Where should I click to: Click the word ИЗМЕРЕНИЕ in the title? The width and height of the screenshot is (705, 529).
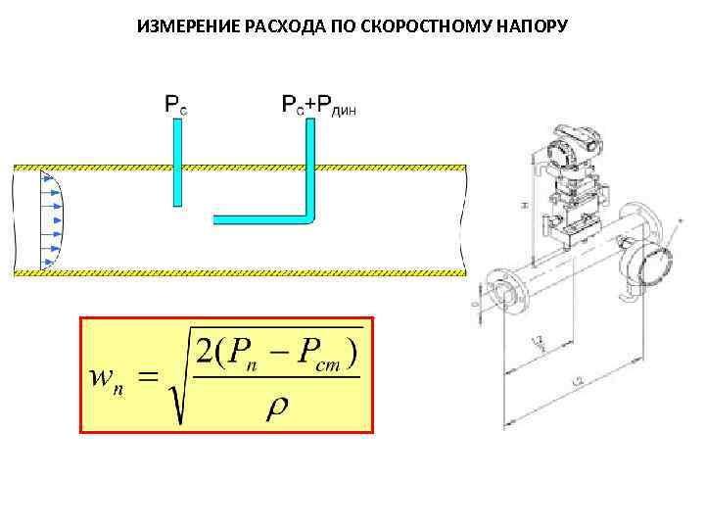tap(180, 24)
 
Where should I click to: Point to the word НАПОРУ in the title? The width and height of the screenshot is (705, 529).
tap(526, 24)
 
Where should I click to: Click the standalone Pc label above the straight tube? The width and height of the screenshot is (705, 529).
tap(175, 103)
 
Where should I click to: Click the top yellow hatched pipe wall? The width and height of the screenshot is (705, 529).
tap(235, 164)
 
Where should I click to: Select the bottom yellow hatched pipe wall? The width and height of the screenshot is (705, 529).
tap(235, 272)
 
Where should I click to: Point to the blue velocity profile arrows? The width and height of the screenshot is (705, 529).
tap(49, 220)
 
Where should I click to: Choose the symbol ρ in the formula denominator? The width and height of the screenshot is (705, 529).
tap(277, 405)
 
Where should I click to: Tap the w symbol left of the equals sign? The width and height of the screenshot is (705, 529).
tap(102, 376)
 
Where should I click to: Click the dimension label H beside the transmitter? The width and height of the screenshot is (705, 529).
tap(526, 203)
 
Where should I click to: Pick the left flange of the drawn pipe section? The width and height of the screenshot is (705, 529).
tap(493, 292)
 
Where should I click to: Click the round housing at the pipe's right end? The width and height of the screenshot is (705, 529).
tap(648, 264)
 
